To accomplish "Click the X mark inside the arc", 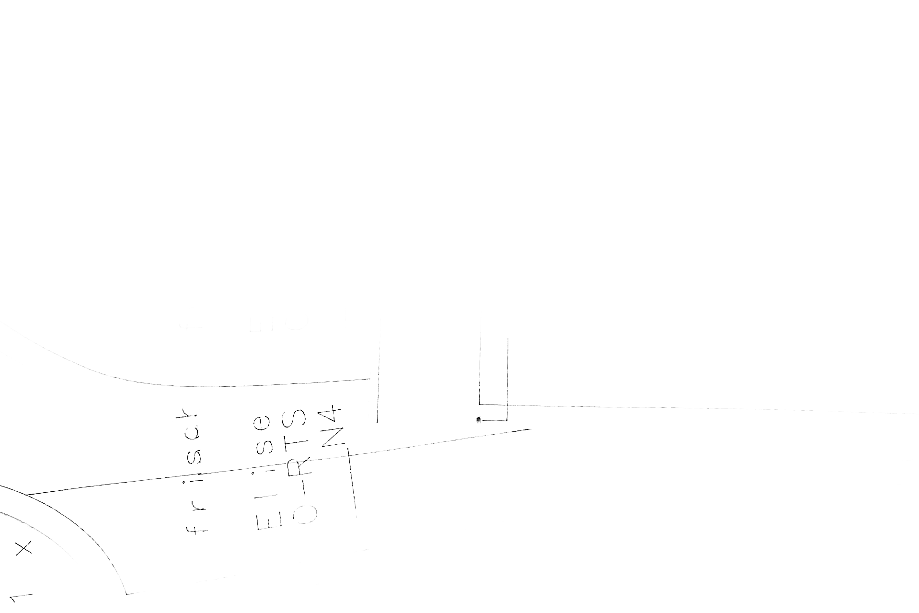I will [x=23, y=548].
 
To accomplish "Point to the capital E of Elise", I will [x=266, y=520].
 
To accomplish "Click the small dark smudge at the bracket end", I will [x=478, y=421].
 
